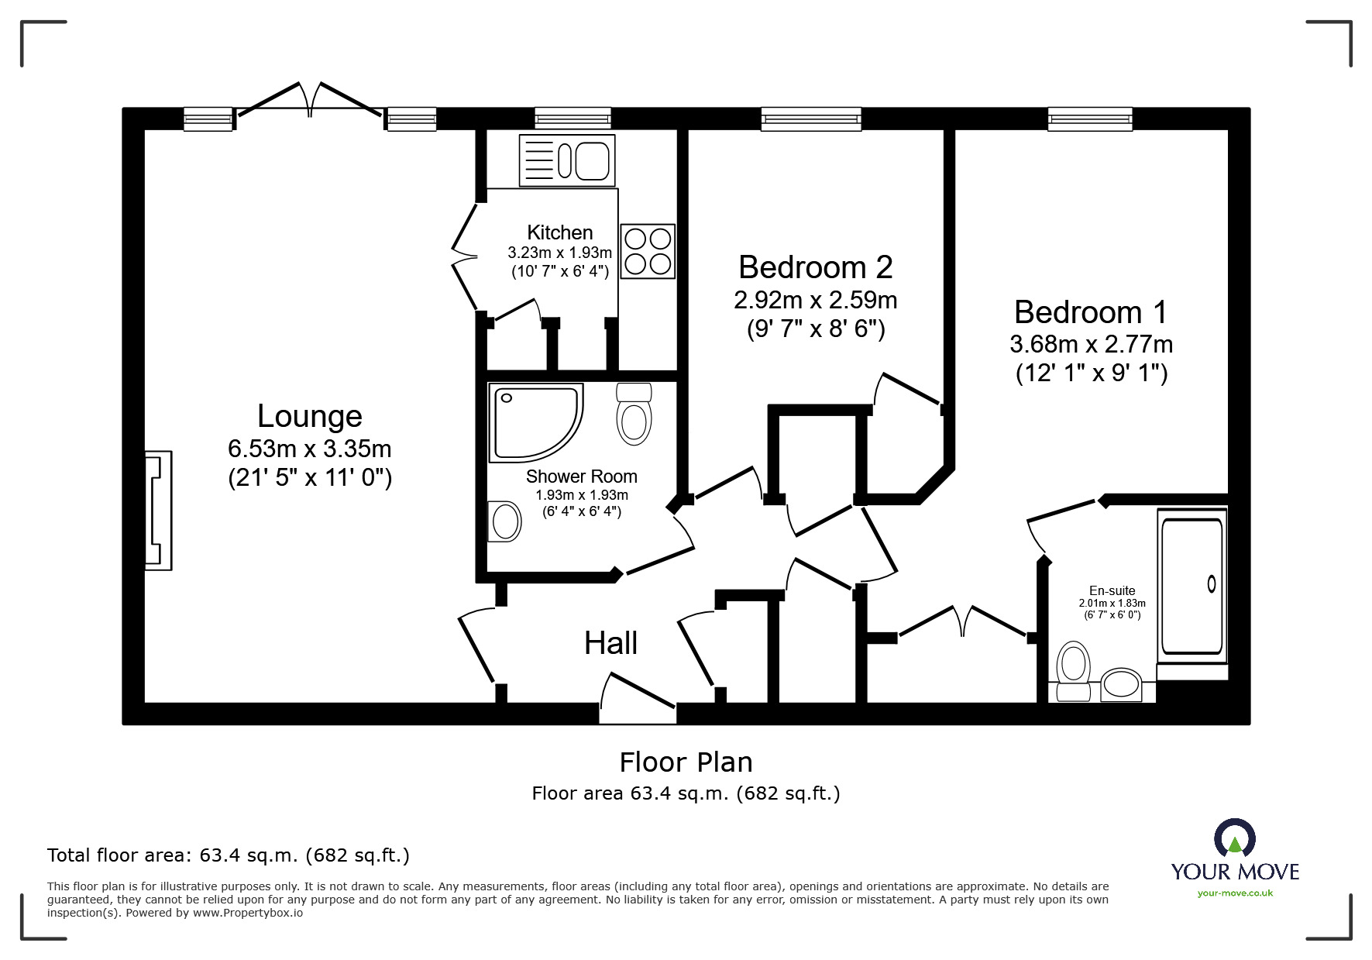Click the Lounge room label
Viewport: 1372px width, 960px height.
[310, 417]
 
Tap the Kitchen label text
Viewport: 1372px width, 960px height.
[560, 232]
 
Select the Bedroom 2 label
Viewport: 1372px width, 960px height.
[816, 267]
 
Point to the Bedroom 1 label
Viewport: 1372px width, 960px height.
[1091, 312]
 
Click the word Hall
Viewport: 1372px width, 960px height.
[611, 643]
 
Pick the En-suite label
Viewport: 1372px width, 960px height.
[1112, 591]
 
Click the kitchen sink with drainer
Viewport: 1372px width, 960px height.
[567, 160]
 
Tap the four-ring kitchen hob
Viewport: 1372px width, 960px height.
[648, 251]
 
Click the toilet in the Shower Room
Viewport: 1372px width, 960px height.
[634, 414]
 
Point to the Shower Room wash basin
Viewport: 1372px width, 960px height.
[505, 521]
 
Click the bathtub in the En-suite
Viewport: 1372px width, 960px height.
[1192, 587]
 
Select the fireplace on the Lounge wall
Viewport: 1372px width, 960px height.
[158, 511]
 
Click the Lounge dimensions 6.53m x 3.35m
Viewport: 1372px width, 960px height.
[310, 449]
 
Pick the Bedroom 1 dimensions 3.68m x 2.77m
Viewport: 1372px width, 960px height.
[1091, 344]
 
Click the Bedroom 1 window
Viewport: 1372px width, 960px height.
[1091, 119]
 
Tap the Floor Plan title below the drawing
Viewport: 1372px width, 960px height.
[686, 762]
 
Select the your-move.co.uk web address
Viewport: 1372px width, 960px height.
[1235, 893]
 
